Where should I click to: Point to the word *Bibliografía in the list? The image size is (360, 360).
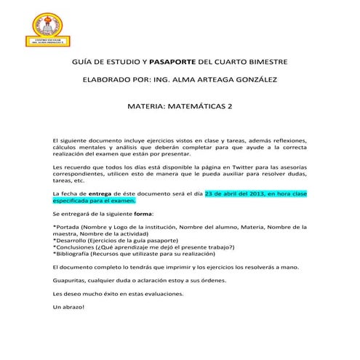(75, 255)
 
